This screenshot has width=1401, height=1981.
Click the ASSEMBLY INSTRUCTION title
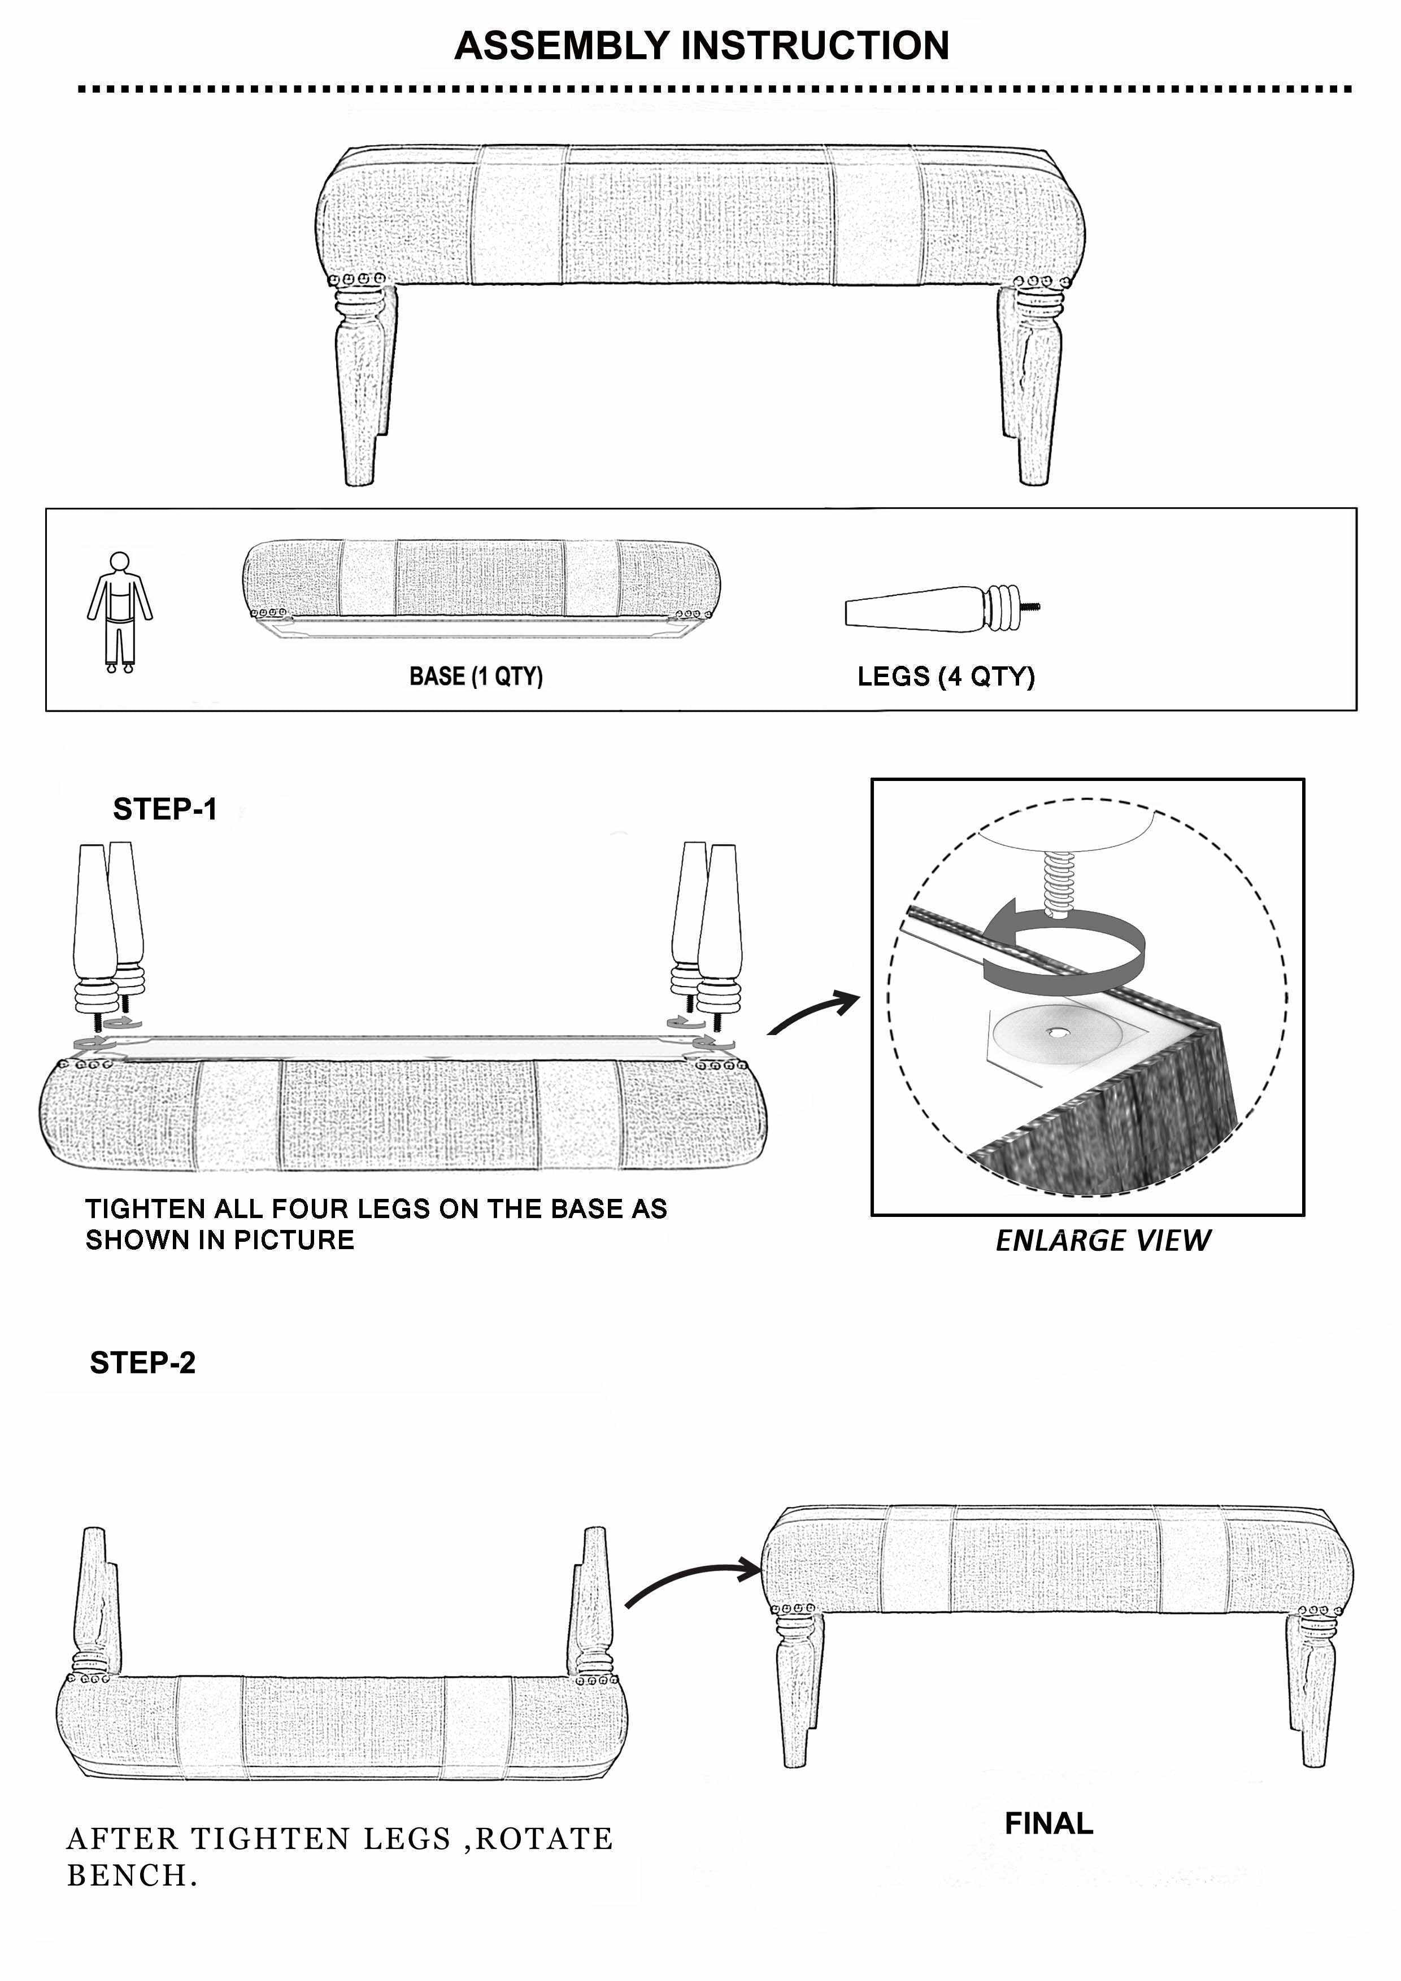[x=701, y=46]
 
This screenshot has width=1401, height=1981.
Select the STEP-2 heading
[x=142, y=1363]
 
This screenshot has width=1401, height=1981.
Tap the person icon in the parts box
[x=119, y=612]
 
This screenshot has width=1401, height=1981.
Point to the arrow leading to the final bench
[x=690, y=1581]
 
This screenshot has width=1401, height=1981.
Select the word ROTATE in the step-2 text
[x=544, y=1839]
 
